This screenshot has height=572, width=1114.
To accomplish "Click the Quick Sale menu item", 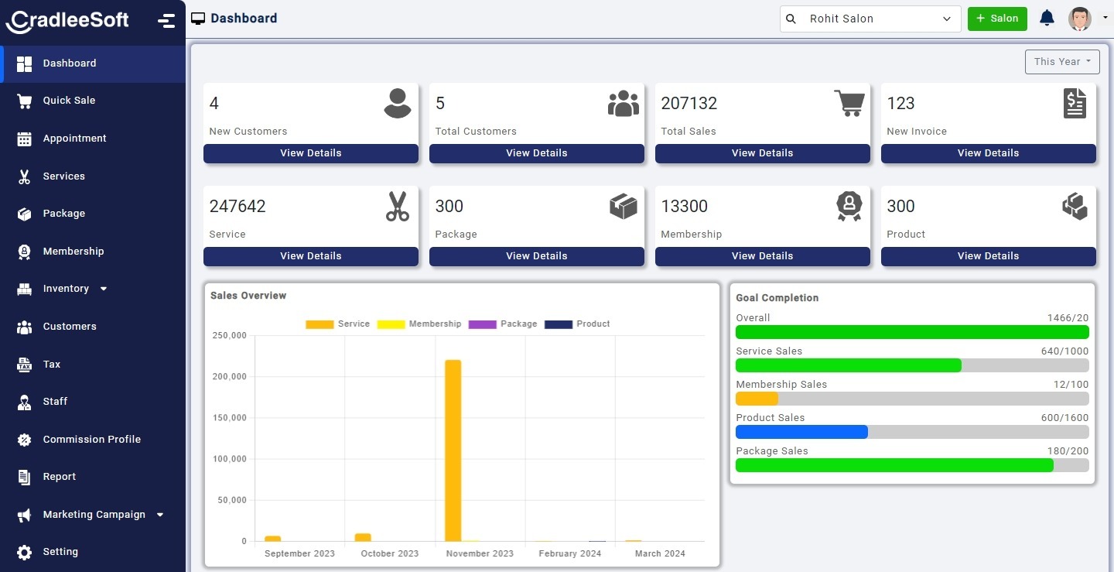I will [x=69, y=101].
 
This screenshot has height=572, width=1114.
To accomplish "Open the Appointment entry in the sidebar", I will [x=74, y=139].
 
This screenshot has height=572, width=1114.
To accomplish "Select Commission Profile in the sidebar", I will [x=91, y=440].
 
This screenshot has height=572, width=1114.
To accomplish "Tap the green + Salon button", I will [x=996, y=19].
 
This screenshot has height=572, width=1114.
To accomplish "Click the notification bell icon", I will [x=1047, y=19].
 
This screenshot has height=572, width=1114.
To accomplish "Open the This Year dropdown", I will [x=1061, y=62].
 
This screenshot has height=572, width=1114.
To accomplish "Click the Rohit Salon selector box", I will [x=870, y=19].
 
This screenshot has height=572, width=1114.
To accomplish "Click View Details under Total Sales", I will [x=762, y=153].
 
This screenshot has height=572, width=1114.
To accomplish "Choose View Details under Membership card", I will [x=762, y=256].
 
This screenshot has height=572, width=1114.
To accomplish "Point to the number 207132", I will [x=689, y=104].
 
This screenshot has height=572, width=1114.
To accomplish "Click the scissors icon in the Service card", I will [x=397, y=207].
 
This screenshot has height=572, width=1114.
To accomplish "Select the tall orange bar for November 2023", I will [x=453, y=449].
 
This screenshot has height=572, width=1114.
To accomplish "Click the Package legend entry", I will [x=503, y=324].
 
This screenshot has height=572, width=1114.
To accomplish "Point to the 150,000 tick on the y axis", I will [x=229, y=418].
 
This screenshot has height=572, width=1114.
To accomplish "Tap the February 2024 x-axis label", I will [x=569, y=553].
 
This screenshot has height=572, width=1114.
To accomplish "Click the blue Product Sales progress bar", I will [x=801, y=432].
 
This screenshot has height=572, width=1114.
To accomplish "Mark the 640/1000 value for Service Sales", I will [x=1064, y=351].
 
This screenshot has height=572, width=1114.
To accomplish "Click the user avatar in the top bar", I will [x=1079, y=19].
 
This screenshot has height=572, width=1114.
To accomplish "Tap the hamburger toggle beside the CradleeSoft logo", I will [x=166, y=21].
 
